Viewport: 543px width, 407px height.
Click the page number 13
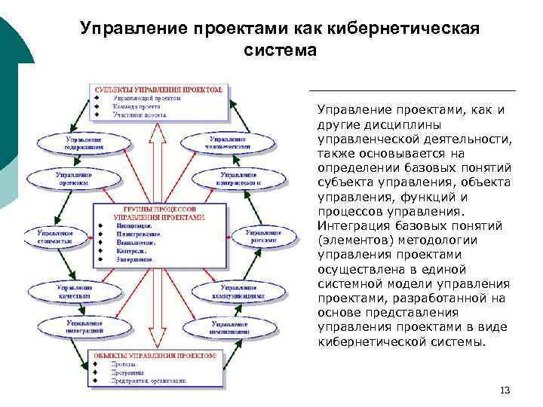click(505, 390)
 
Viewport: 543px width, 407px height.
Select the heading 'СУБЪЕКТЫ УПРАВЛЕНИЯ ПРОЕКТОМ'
click(158, 88)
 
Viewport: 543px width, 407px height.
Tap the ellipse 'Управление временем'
click(72, 178)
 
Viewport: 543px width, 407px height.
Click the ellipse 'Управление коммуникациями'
click(241, 292)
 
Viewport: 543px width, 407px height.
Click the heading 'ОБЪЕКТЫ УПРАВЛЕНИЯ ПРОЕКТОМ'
click(155, 354)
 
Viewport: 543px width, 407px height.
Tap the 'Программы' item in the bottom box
click(130, 372)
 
